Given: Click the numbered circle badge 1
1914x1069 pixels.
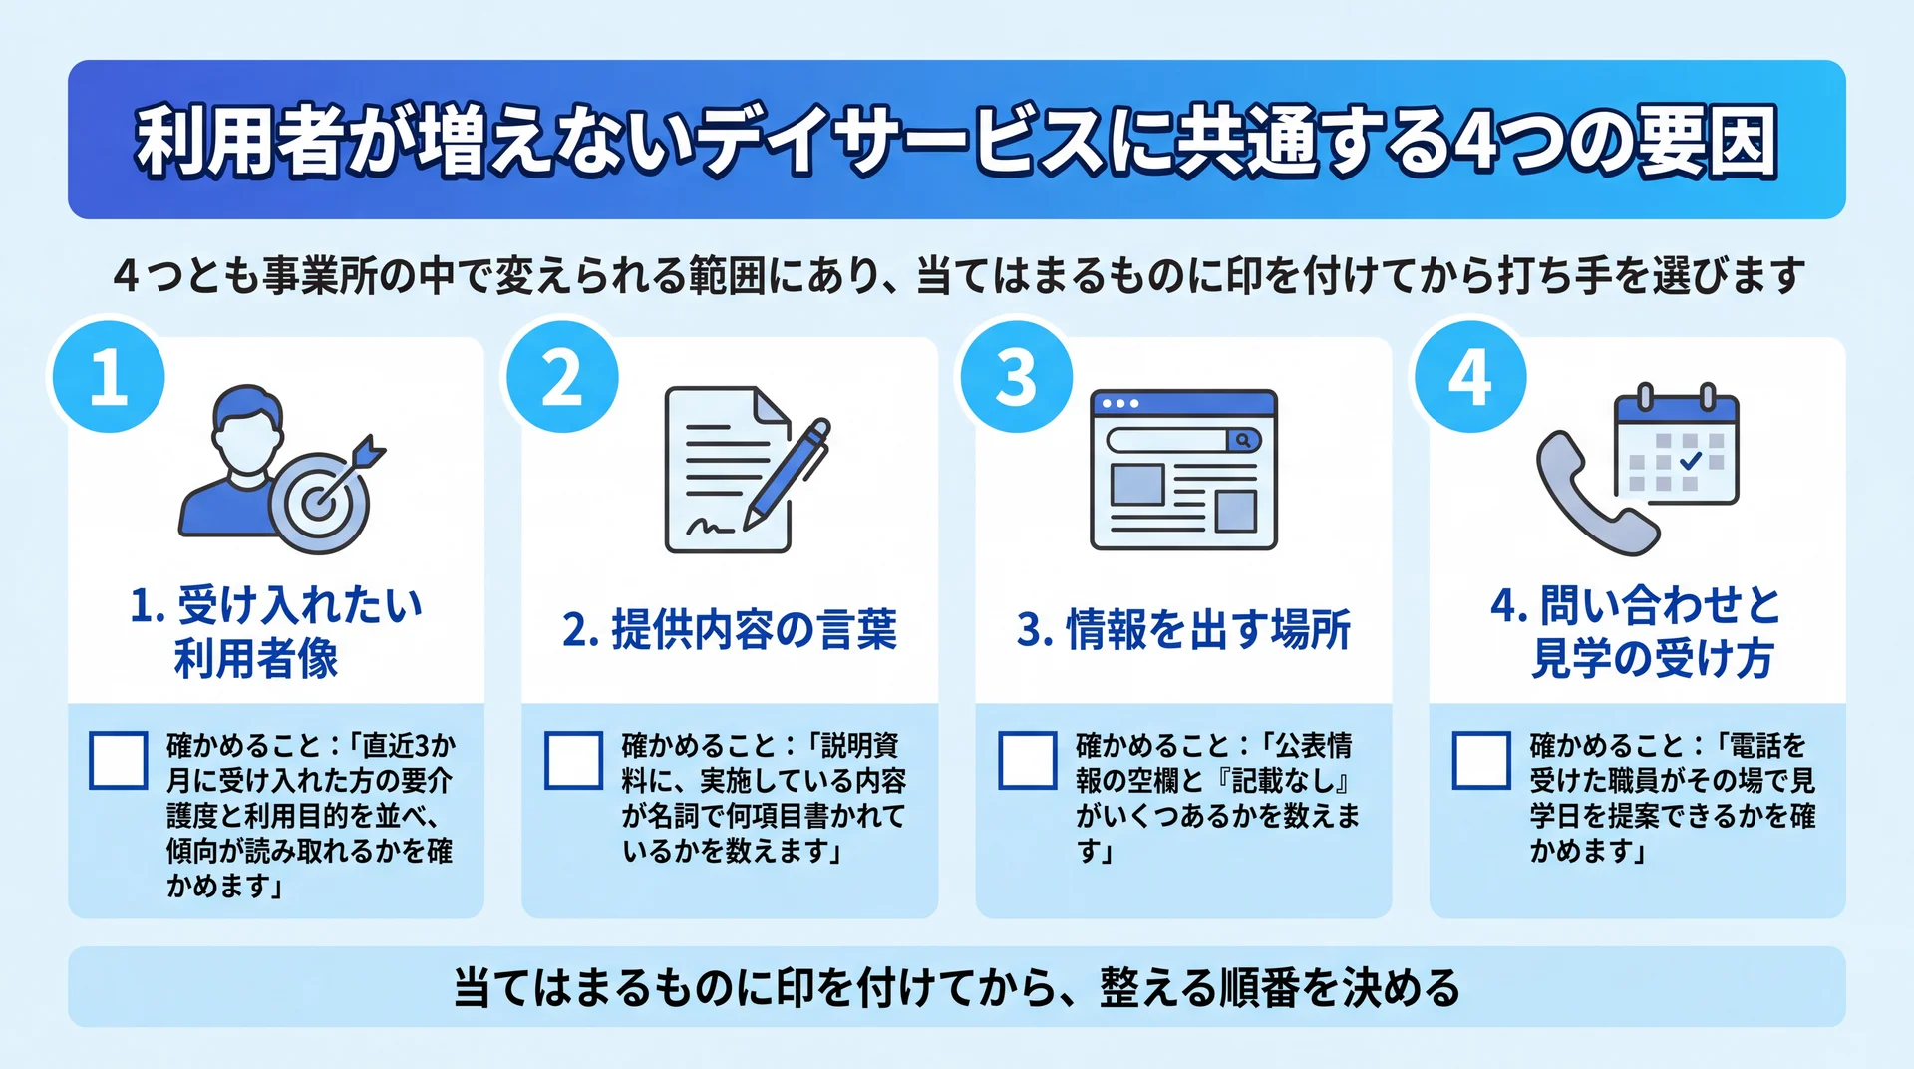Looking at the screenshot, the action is coord(109,377).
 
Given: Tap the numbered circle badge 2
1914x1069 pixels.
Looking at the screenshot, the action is coord(562,377).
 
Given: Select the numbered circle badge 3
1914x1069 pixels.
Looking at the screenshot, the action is coord(1017,377).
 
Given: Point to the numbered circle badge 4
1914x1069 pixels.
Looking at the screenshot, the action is coord(1470,377).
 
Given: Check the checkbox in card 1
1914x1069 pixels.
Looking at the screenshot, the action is coord(119,761).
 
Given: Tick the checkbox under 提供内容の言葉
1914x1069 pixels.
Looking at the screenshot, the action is coord(573,761).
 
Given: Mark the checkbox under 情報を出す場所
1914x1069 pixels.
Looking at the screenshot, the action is coord(1028,761).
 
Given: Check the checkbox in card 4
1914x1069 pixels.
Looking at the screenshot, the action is coord(1481,761).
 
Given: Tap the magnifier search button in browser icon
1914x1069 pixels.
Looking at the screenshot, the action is coord(1243,439).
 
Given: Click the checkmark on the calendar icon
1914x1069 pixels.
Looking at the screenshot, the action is coord(1691,461).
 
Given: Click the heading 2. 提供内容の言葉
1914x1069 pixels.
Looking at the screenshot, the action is coord(730,630).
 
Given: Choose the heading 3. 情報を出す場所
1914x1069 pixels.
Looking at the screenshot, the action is coord(1183,630).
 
